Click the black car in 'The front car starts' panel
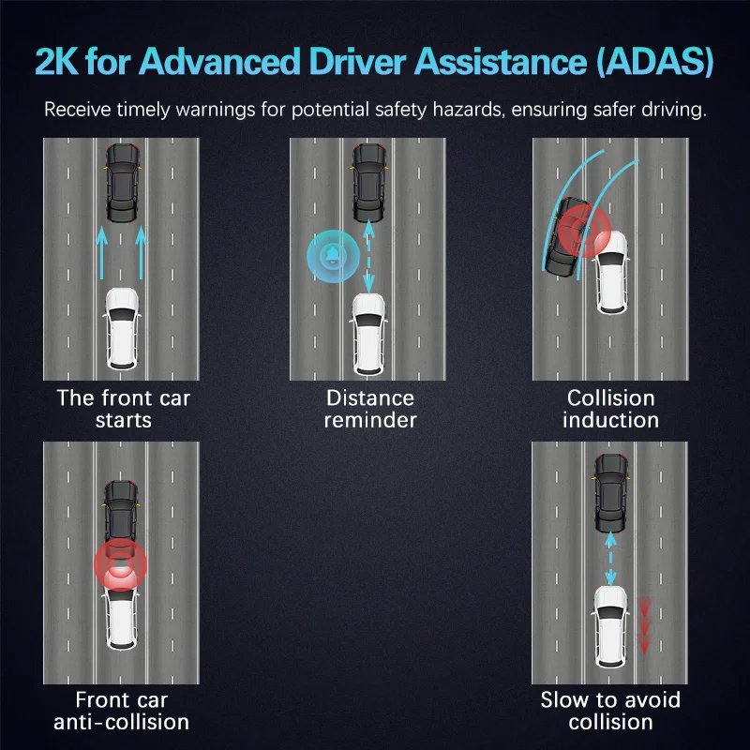(x=122, y=182)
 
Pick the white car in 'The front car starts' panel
(x=122, y=327)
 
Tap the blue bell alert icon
(x=332, y=254)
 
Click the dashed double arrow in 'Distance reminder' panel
(x=367, y=254)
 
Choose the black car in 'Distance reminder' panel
(x=367, y=183)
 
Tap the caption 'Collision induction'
(x=610, y=409)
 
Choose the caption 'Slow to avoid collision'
(x=610, y=711)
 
